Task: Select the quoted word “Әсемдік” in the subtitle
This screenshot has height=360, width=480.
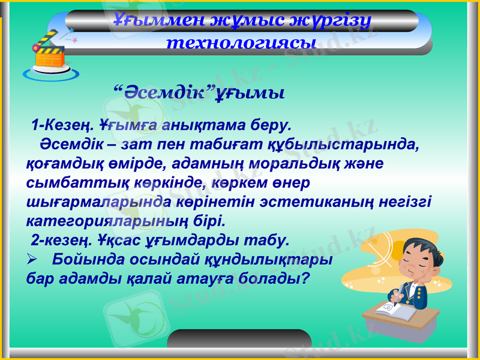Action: [164, 94]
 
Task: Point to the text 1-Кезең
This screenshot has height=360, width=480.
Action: [62, 126]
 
